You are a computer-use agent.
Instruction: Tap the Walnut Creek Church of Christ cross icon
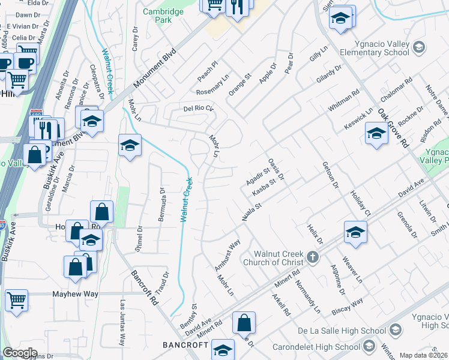tap(312, 257)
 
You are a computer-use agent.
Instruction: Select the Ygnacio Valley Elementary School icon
tap(419, 47)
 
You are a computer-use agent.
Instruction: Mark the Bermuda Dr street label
tap(162, 203)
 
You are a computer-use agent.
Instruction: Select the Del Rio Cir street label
tap(198, 109)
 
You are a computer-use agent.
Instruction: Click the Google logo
tap(20, 352)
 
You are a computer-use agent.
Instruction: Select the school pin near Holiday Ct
tap(355, 232)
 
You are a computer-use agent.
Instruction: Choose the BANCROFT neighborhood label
tap(185, 345)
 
